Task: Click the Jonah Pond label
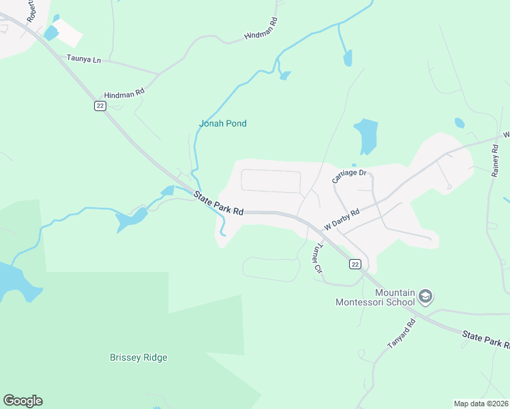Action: click(222, 123)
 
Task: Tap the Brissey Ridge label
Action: click(138, 357)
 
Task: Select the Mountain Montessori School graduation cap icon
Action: click(426, 297)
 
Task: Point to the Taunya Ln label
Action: click(84, 60)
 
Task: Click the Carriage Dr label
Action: click(349, 176)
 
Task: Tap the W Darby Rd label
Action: click(342, 218)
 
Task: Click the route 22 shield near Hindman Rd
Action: click(100, 107)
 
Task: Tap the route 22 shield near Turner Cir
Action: click(355, 264)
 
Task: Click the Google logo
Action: click(22, 401)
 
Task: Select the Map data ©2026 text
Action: click(481, 404)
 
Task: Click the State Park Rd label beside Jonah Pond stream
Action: click(218, 204)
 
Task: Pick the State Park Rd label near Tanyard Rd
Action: click(485, 339)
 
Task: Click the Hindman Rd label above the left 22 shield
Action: click(124, 93)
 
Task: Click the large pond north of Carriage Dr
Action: click(365, 136)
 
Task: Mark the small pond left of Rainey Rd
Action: click(460, 123)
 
